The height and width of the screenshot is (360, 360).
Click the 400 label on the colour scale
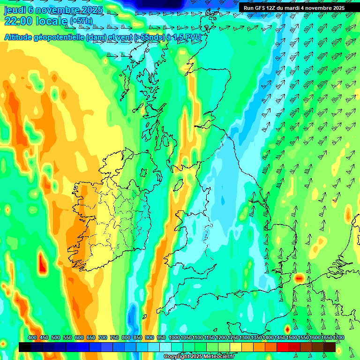(32, 337)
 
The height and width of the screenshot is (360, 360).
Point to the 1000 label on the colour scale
(174, 337)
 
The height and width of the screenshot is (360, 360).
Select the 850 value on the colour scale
(138, 337)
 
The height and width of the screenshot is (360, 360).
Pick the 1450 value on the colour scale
(280, 337)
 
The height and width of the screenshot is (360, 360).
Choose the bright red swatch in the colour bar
(283, 347)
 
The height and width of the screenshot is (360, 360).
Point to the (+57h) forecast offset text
(81, 21)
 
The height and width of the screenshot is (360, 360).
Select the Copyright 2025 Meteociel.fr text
(199, 357)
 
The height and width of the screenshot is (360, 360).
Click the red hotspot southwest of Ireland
(43, 263)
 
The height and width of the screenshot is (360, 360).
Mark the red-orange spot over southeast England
(299, 278)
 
